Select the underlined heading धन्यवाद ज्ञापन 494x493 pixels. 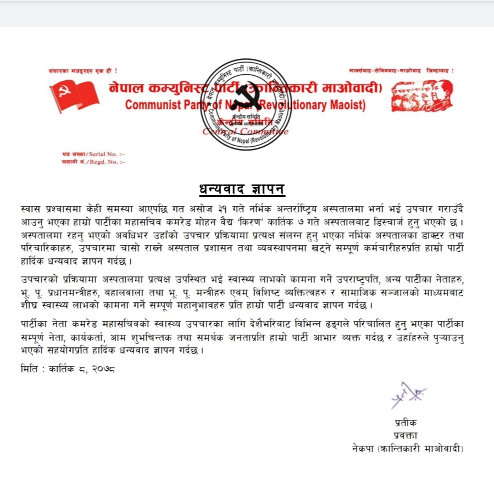tap(242, 190)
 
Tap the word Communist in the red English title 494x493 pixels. tap(150, 105)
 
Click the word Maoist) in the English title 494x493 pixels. tap(347, 105)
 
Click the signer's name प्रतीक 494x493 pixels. tap(406, 423)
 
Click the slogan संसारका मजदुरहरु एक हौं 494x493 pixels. tap(83, 71)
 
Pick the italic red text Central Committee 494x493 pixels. tap(245, 131)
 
